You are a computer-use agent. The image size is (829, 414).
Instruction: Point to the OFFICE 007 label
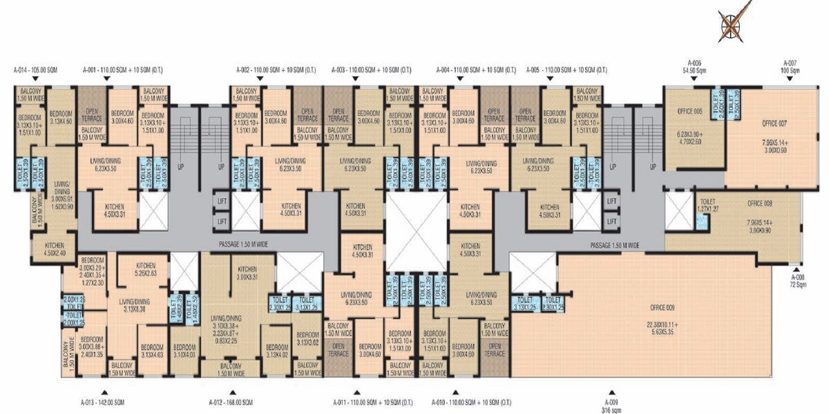774,124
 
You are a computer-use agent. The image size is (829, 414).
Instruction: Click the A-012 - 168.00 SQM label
231,402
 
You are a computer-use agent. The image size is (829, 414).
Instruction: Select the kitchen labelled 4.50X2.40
55,249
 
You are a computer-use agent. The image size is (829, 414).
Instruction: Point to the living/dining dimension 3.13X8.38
135,306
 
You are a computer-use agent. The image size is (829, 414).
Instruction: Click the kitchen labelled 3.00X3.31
247,273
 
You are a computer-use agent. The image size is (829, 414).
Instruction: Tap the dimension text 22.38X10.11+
662,324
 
